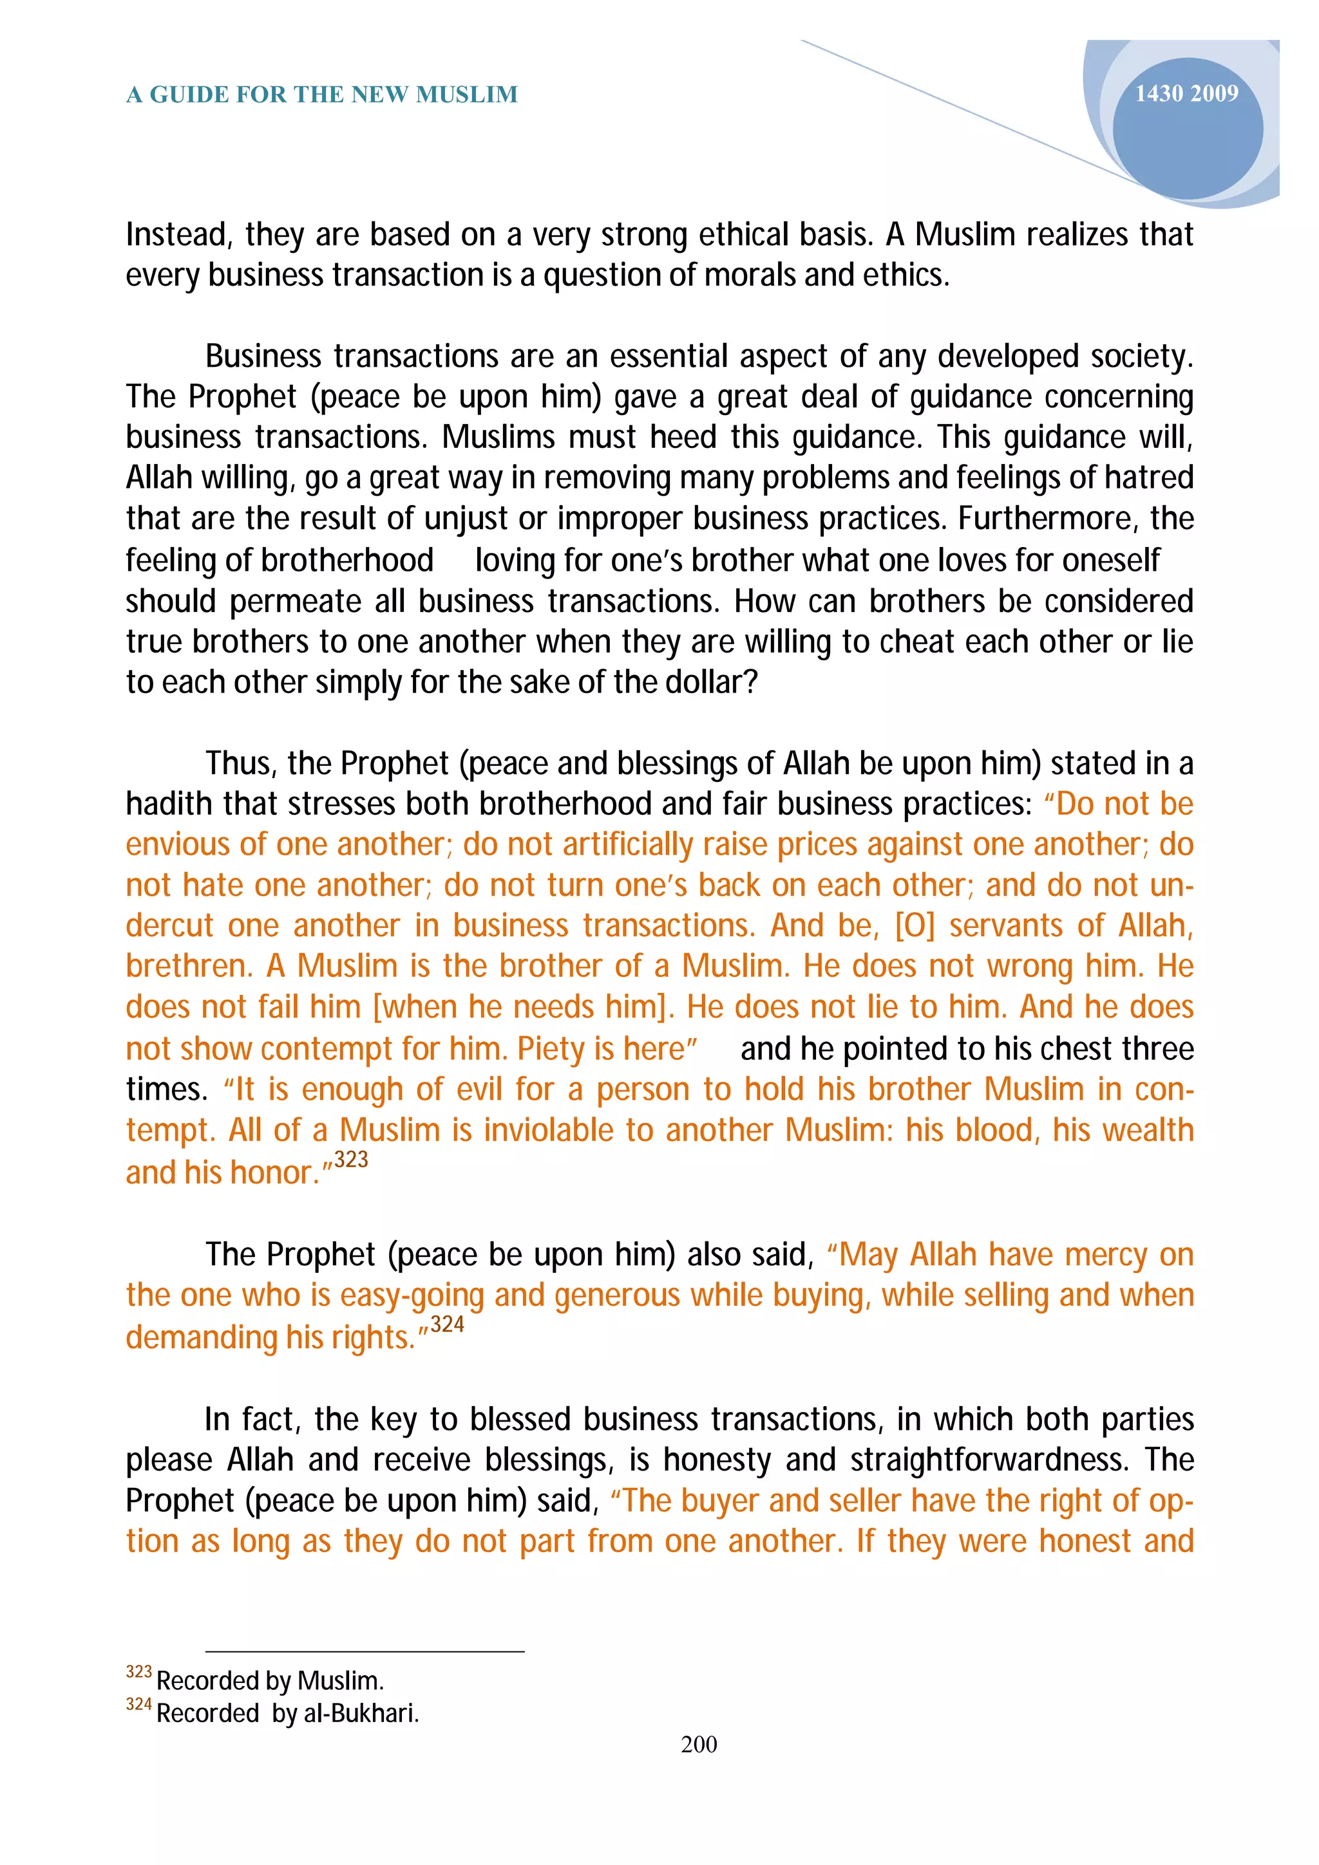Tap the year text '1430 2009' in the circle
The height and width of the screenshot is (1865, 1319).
[1186, 94]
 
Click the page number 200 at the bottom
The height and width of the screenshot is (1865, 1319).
[698, 1744]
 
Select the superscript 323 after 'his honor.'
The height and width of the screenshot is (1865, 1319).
[351, 1160]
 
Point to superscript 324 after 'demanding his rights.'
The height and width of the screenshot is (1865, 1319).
[447, 1325]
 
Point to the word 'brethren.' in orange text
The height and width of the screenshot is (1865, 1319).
[189, 967]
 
